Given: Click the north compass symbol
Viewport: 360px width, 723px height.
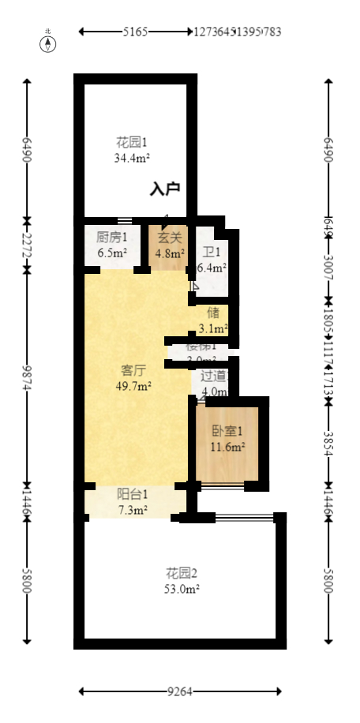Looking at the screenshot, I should pos(48,43).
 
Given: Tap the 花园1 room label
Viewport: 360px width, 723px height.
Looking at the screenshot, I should pos(132,143).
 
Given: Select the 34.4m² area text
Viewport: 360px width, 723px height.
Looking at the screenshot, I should pos(132,158).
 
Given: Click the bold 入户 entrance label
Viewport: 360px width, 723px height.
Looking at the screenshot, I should pos(166,189).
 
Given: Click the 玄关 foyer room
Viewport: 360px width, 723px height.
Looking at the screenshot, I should pos(169,245).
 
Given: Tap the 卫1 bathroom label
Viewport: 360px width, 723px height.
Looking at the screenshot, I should pos(212,253).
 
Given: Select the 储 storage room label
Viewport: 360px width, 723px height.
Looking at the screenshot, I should pos(213,313).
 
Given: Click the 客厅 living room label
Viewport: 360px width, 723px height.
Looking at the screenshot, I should pos(133,370).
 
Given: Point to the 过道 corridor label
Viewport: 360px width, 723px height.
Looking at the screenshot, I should pos(214,376).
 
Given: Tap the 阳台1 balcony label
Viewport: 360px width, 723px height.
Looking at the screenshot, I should pos(133,495).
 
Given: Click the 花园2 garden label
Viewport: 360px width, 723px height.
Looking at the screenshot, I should pos(181,572).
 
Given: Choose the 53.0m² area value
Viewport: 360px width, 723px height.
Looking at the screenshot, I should pos(181,588).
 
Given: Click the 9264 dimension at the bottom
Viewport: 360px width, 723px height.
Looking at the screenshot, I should pos(180,692).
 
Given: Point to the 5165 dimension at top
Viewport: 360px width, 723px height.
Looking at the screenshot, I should pos(135,32).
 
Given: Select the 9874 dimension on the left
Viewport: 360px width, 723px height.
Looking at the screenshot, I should pos(28,377).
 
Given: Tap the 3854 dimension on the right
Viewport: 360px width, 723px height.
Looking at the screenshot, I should pos(328,443).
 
